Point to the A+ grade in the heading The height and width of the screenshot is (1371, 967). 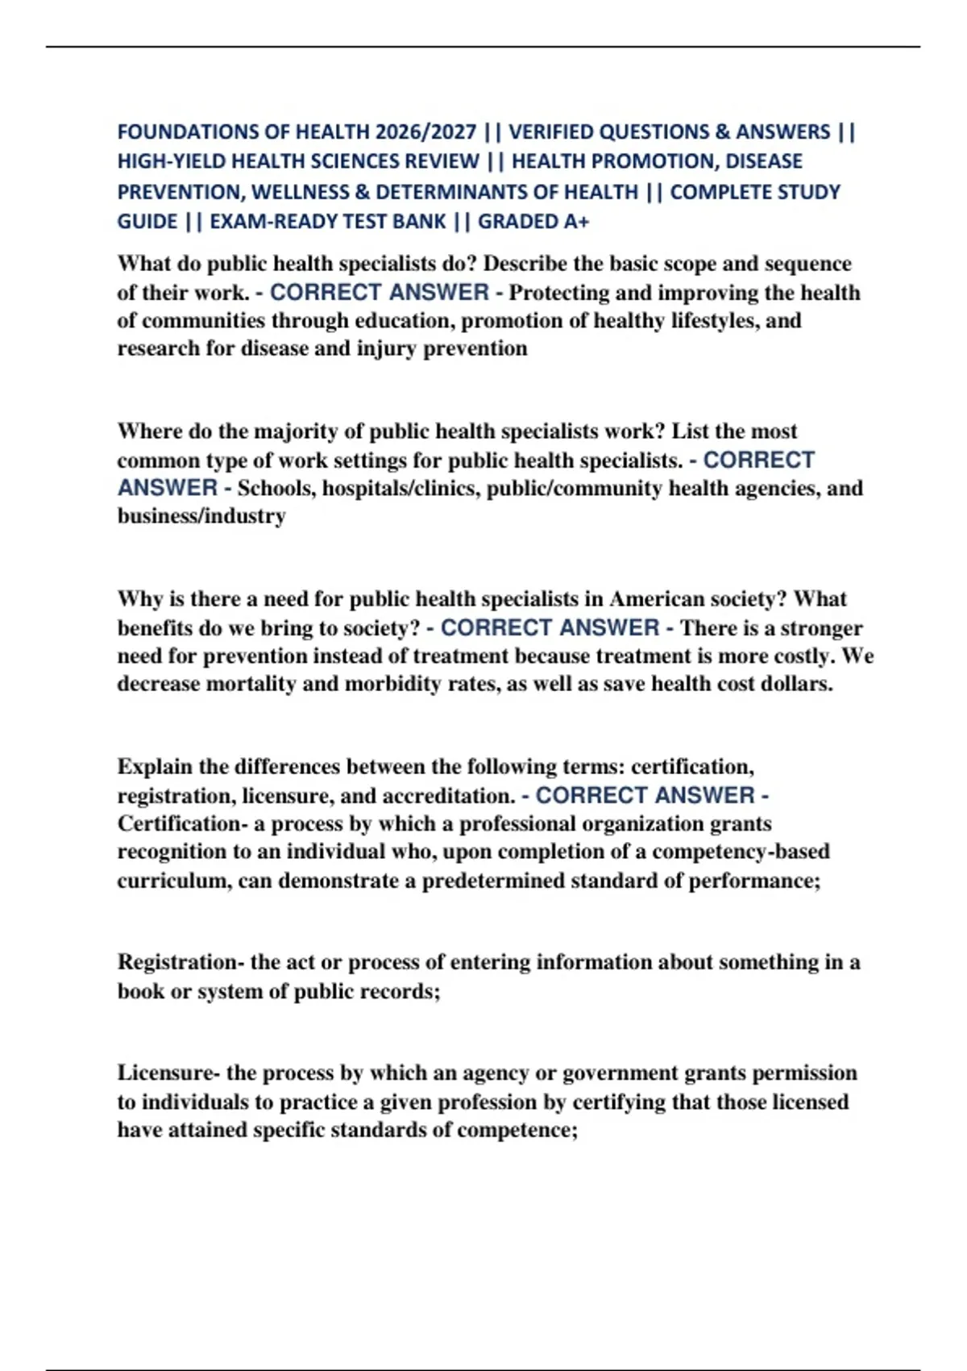(576, 222)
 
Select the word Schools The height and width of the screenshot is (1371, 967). (274, 489)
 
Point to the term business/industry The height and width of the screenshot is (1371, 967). (201, 516)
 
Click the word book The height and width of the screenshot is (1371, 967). (140, 991)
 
